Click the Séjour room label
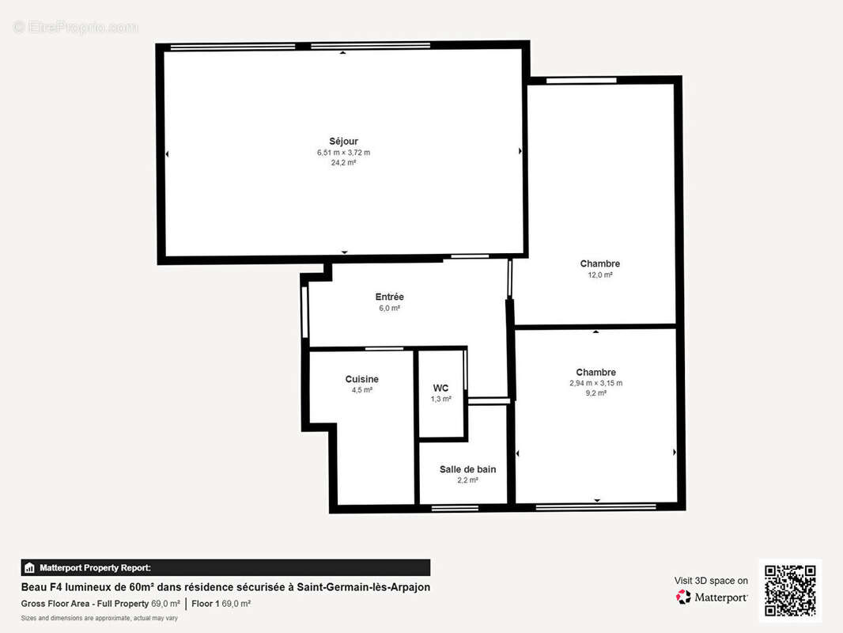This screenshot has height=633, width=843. tap(343, 142)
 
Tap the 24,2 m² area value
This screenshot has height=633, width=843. tap(343, 163)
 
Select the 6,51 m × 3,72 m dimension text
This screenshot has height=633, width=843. tap(343, 153)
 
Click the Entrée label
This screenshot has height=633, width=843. tap(389, 297)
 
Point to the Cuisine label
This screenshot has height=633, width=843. tap(361, 379)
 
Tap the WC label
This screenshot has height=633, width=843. tap(440, 388)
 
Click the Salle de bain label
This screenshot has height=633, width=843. tap(467, 469)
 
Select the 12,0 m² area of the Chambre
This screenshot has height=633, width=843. tap(599, 275)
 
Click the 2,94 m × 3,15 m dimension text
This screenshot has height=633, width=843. tap(595, 383)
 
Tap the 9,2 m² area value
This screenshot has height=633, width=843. tap(595, 393)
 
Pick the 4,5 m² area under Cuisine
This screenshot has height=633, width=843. tap(361, 390)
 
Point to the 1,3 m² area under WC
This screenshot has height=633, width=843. tap(440, 399)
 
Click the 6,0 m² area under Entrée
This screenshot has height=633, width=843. tap(389, 308)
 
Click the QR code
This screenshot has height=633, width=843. tap(790, 590)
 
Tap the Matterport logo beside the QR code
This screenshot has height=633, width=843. tap(712, 597)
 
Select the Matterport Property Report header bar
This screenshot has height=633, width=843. tap(225, 567)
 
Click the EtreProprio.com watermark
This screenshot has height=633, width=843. tap(75, 27)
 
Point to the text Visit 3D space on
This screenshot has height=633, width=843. tap(711, 581)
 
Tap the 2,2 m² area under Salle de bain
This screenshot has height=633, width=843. tap(467, 480)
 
